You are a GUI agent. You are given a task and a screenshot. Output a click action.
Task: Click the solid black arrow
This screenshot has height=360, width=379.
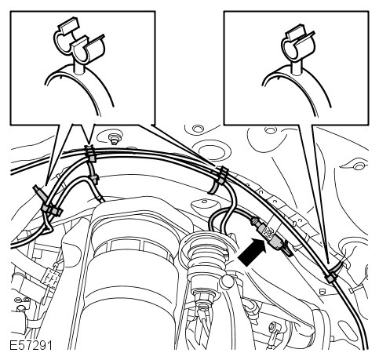click(x=252, y=252)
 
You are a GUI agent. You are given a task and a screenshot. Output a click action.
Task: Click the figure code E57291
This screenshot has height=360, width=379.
click(x=31, y=345)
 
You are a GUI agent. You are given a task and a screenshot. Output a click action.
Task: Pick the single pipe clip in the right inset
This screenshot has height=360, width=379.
click(x=298, y=45)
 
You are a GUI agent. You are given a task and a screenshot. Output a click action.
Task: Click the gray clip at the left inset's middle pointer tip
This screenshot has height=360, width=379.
click(x=90, y=155)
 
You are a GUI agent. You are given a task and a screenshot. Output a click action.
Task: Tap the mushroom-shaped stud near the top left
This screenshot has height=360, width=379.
click(x=114, y=138)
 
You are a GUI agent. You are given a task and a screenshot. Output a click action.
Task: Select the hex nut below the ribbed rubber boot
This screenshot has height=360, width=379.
click(x=204, y=292)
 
